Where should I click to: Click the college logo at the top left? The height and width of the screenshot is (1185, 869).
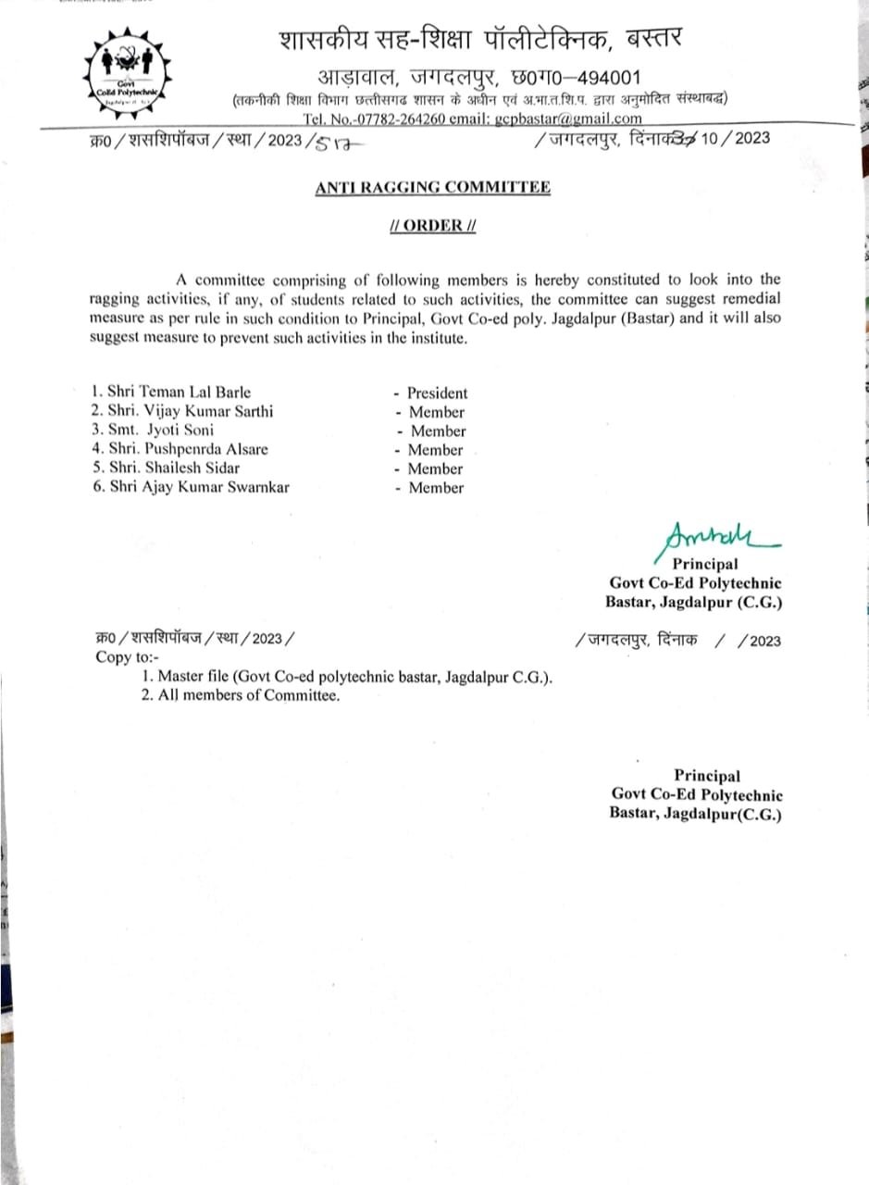point(130,73)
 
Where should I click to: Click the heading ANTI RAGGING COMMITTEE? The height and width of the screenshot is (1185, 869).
point(432,187)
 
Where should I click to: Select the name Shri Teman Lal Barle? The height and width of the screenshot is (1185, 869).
point(179,393)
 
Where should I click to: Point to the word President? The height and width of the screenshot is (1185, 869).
point(437,393)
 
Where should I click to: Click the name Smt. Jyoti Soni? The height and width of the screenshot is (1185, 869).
point(160,430)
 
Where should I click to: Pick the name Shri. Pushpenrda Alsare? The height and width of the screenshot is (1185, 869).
point(188,449)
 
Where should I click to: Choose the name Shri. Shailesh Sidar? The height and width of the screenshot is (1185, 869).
point(174,468)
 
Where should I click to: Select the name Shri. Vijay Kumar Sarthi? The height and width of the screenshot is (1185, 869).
point(191,412)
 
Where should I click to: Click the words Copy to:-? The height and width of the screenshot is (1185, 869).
point(128,657)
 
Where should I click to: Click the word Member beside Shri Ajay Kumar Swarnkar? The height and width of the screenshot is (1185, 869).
point(436,488)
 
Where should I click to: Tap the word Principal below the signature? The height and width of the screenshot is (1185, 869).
point(704,564)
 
